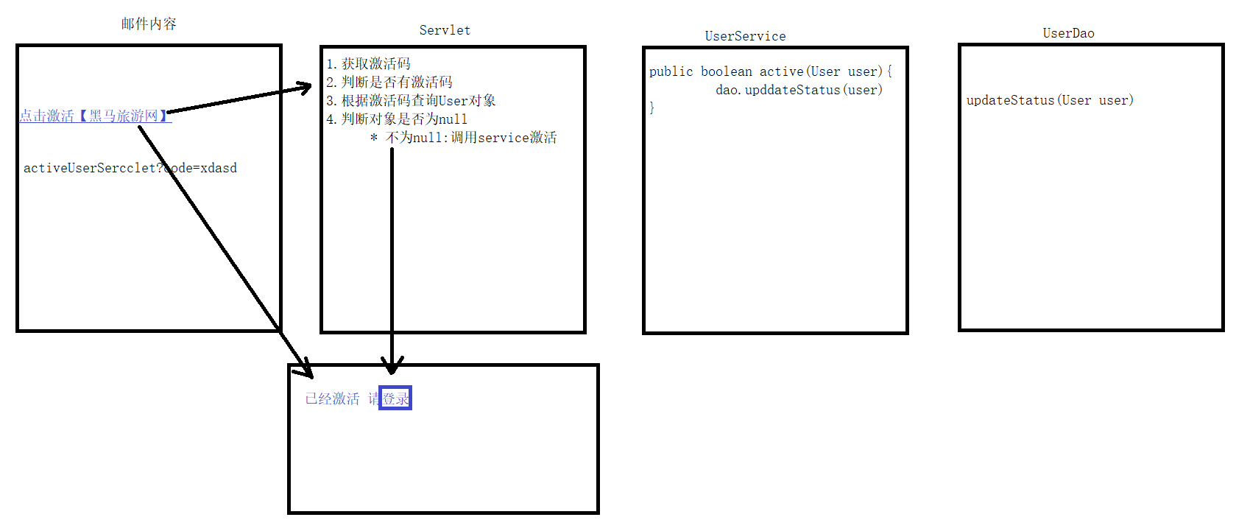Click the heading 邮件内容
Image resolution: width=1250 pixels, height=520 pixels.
pos(149,24)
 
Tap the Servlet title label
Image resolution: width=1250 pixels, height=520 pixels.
pos(445,30)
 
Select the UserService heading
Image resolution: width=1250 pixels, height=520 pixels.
pos(745,36)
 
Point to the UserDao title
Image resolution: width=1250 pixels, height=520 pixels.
pos(1068,33)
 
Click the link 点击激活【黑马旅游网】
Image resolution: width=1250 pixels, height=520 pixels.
pos(95,116)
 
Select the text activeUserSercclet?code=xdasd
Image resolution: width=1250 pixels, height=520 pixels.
pos(130,168)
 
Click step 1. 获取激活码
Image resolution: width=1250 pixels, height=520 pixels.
pos(368,64)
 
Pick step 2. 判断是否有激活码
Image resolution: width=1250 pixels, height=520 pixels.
pos(389,82)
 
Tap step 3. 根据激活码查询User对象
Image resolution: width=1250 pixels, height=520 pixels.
pos(411,101)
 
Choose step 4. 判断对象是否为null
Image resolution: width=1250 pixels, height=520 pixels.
pos(397,119)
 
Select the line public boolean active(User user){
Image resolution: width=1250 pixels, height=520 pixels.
pos(770,71)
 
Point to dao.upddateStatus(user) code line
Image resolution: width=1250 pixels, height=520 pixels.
pos(799,90)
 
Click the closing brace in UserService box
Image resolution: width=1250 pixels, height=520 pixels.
pos(652,108)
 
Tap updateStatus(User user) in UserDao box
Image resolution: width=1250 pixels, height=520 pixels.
pos(1050,100)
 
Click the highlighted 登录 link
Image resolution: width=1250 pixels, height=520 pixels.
pos(395,398)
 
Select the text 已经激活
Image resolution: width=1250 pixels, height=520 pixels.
pos(333,398)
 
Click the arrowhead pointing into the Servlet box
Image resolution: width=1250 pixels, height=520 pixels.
pos(304,89)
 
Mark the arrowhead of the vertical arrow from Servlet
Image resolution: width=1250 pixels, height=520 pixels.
pos(392,365)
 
